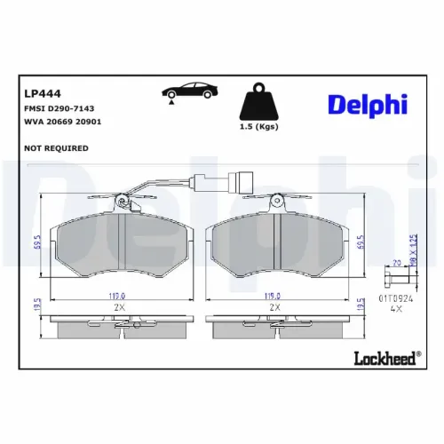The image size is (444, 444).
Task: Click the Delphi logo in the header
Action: (x=367, y=104)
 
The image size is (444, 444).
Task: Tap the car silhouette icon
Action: (x=186, y=91)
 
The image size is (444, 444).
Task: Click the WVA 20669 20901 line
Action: (x=59, y=122)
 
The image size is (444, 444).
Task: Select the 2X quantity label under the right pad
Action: (x=276, y=307)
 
